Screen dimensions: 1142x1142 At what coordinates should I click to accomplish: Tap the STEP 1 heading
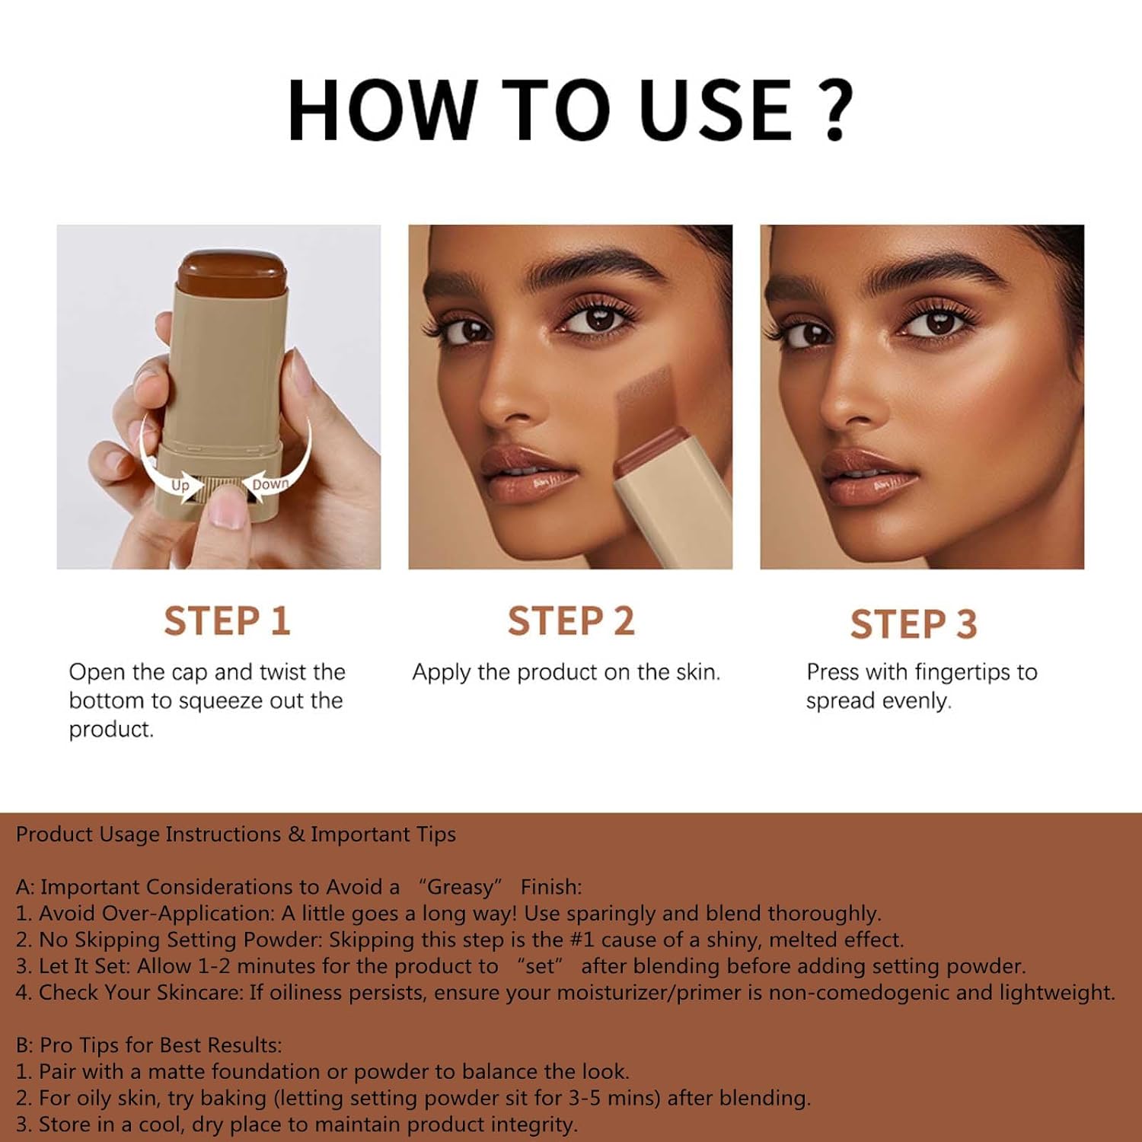pos(227,620)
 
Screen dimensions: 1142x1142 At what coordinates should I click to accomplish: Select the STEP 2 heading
pos(571,620)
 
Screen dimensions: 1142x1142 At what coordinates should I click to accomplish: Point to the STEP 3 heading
pos(914,624)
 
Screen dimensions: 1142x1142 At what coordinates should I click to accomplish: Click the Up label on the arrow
pos(180,486)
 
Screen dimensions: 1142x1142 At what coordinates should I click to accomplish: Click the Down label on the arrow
pos(270,484)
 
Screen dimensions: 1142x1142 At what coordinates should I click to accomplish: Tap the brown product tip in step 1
pos(231,271)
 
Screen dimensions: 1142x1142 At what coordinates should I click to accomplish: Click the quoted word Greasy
pos(461,887)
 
